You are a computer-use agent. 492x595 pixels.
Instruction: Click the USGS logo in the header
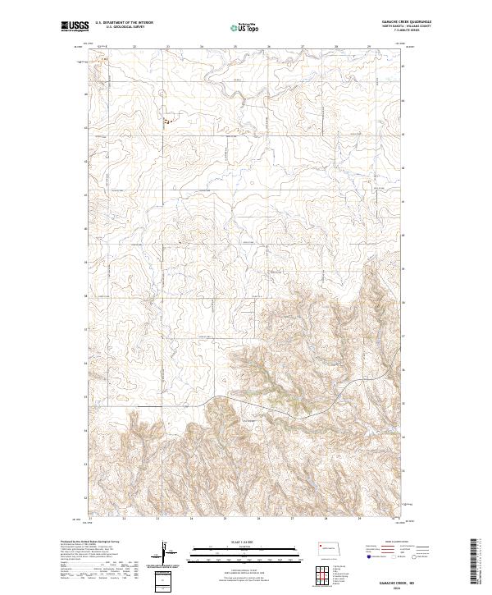[75, 26]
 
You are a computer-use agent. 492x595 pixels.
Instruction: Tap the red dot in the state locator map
[320, 546]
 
